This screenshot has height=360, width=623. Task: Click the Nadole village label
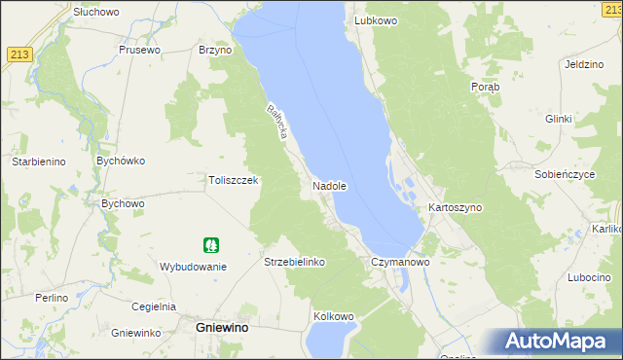[x=330, y=185]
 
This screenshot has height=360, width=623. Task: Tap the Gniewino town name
[x=222, y=329]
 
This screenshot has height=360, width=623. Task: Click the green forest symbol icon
[x=210, y=245]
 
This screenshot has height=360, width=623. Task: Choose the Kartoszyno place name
[x=455, y=208]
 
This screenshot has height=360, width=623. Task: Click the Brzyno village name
[x=215, y=50]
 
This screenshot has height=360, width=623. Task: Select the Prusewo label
[x=138, y=50]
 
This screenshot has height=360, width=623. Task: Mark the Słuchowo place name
[x=95, y=11]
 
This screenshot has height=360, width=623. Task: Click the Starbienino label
[x=38, y=162]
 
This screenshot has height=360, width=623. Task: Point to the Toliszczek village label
[x=233, y=180]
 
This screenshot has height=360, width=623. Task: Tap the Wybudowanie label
[x=193, y=267]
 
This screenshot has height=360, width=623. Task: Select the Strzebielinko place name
[x=294, y=263]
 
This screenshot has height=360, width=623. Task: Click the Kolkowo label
[x=333, y=317]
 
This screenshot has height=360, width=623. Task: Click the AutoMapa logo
[x=558, y=341]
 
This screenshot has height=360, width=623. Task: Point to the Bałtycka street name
[x=275, y=125]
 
